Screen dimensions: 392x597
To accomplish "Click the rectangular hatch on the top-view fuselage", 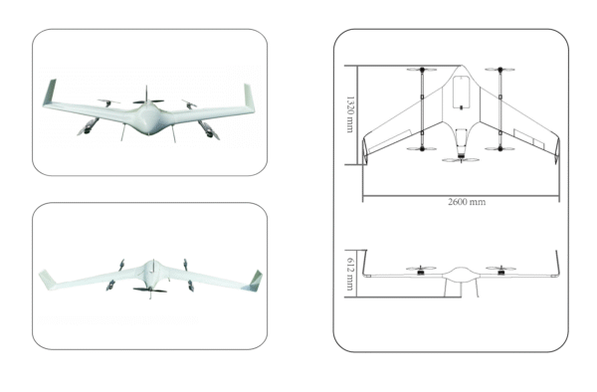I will pos(461,94).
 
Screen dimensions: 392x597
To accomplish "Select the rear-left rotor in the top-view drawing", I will pos(422,149).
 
